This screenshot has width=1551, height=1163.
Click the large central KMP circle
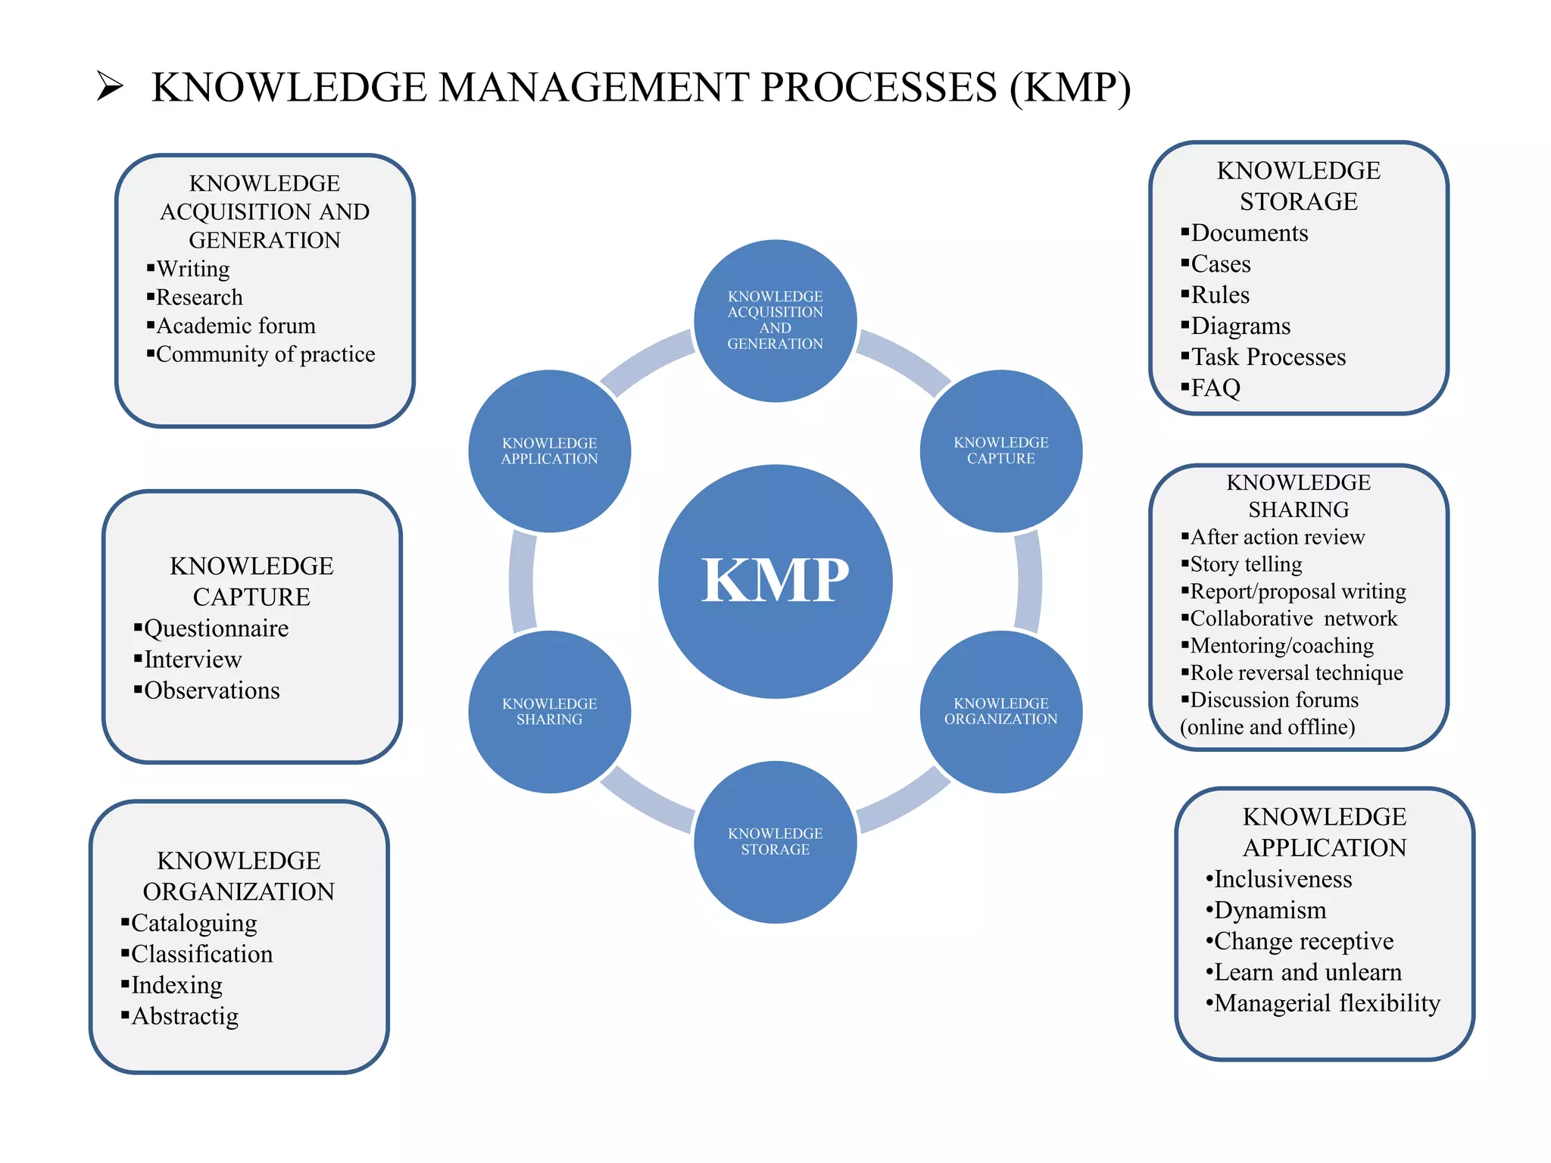[x=775, y=581]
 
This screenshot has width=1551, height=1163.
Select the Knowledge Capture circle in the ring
[x=1000, y=451]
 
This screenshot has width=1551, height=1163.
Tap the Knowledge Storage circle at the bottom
[x=775, y=841]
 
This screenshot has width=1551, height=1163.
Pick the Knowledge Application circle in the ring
[x=549, y=451]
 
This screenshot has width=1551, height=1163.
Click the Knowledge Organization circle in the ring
[x=1000, y=711]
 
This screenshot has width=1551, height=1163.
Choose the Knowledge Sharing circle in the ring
[x=549, y=711]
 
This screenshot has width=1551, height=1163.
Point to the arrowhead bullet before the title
[x=111, y=86]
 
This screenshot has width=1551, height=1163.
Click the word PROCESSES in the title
[x=878, y=87]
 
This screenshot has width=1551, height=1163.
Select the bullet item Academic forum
[x=236, y=326]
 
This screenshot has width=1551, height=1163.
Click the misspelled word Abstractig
[x=185, y=1016]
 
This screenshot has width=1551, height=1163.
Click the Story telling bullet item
[x=1246, y=564]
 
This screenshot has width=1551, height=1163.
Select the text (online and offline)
[x=1267, y=727]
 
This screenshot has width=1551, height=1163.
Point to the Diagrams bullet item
[x=1240, y=326]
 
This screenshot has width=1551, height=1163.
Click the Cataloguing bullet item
[x=194, y=923]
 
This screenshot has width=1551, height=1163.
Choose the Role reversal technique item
[x=1296, y=672]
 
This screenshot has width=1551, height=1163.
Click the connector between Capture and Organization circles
[x=1028, y=581]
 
